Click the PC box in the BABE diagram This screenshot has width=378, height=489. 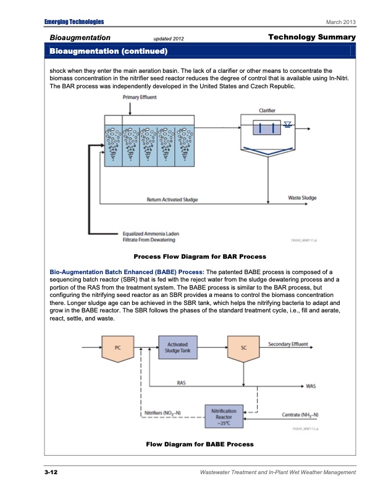[x=118, y=348]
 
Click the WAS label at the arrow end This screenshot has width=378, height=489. [x=312, y=387]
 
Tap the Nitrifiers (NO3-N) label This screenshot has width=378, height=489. [x=162, y=412]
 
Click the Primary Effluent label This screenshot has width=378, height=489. [x=140, y=97]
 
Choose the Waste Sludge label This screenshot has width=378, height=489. [x=302, y=198]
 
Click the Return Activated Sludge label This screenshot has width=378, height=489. [x=172, y=199]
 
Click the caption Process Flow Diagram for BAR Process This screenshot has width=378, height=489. [x=199, y=256]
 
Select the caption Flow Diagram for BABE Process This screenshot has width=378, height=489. [x=199, y=444]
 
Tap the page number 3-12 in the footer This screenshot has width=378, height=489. [x=51, y=472]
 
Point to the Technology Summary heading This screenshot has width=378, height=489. [x=312, y=38]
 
